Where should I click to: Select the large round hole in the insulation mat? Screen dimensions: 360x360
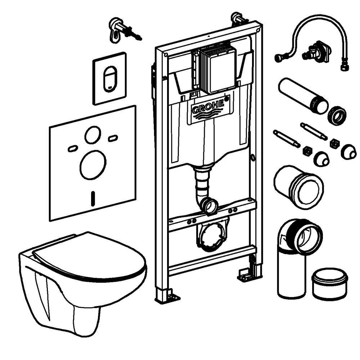(x=93, y=165)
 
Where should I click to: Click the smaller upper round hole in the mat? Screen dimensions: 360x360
(x=93, y=135)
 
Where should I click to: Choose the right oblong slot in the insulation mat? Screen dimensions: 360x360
(x=113, y=138)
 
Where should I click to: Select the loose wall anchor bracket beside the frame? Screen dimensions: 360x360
(x=119, y=29)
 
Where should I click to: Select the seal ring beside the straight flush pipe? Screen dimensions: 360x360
(x=338, y=116)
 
